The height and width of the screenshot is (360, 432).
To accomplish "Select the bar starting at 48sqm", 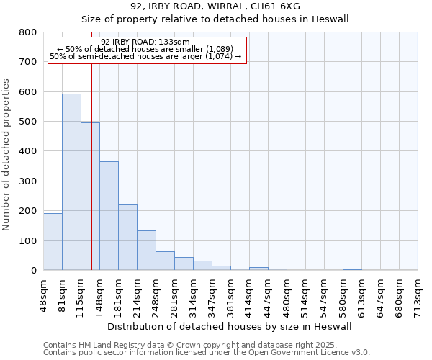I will point(53,241).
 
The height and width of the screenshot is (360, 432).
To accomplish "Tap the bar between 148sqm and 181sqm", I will point(109,216).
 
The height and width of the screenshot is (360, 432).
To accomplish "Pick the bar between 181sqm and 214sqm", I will point(127,238).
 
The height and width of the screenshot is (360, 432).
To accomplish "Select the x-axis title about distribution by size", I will point(230,326).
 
